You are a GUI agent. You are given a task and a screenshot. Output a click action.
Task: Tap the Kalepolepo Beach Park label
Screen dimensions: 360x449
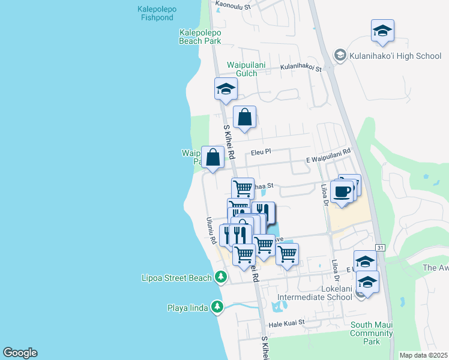click(200, 37)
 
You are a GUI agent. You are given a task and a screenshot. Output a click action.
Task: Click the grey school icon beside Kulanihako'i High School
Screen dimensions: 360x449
click(340, 56)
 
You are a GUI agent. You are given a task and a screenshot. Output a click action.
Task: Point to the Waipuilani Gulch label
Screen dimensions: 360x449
click(242, 69)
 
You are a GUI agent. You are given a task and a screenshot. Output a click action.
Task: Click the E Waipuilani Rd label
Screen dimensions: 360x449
click(328, 155)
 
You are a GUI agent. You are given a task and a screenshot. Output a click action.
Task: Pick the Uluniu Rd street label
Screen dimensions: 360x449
click(211, 230)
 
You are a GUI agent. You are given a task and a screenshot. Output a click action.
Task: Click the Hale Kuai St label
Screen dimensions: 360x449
click(287, 322)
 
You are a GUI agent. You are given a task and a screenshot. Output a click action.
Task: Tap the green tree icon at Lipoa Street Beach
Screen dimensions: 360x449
click(221, 277)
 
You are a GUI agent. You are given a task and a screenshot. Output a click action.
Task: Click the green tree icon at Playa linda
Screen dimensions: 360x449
click(217, 308)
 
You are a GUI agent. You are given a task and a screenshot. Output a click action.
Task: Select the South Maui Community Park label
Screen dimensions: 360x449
click(372, 333)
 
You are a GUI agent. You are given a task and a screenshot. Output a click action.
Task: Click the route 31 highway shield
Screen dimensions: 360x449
click(380, 247)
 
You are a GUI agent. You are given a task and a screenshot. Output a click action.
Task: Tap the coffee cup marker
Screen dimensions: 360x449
click(342, 191)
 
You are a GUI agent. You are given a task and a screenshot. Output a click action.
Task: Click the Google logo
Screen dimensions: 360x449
click(20, 353)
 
